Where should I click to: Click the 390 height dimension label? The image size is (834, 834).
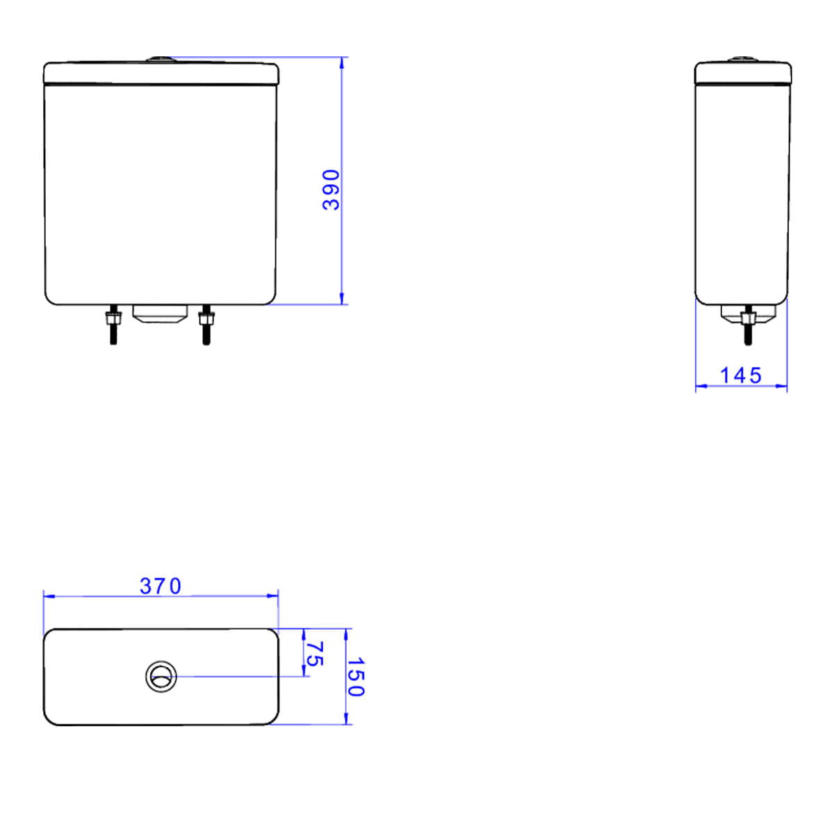[x=331, y=190]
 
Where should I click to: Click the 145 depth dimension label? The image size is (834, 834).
[x=740, y=375]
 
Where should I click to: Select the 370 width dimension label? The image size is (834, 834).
[x=161, y=586]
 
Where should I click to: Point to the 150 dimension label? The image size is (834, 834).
[x=357, y=676]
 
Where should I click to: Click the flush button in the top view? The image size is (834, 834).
[x=161, y=676]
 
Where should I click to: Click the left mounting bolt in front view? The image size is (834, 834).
[x=113, y=325]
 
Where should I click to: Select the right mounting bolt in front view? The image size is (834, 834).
[x=206, y=325]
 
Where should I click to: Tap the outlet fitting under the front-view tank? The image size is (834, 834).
[x=160, y=313]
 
